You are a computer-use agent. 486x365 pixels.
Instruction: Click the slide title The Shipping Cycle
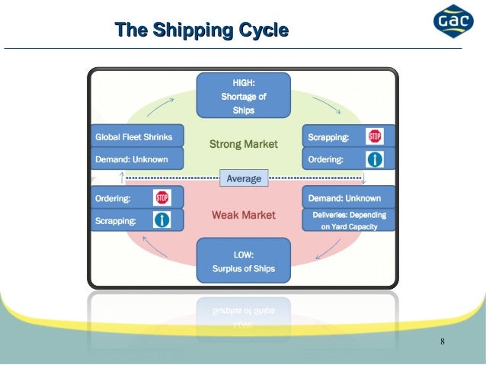201,31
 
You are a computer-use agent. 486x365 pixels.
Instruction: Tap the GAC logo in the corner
453,22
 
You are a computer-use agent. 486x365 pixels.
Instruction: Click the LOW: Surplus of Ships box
244,261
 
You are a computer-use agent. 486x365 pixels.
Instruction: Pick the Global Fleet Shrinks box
137,137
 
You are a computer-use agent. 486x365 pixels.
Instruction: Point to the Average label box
244,178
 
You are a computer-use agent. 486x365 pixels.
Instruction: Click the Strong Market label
244,143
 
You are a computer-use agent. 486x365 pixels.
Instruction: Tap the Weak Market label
244,216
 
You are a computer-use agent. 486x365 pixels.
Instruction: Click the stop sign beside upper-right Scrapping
374,137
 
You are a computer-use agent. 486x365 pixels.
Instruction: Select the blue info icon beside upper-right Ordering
374,159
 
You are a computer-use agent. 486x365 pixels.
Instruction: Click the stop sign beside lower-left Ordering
161,198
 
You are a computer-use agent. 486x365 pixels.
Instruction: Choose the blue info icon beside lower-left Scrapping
161,221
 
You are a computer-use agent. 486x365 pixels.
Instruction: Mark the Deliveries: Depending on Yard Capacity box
349,220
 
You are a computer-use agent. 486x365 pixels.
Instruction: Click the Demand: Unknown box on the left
137,159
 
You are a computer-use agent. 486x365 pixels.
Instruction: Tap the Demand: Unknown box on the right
349,198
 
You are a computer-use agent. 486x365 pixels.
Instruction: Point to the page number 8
443,339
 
